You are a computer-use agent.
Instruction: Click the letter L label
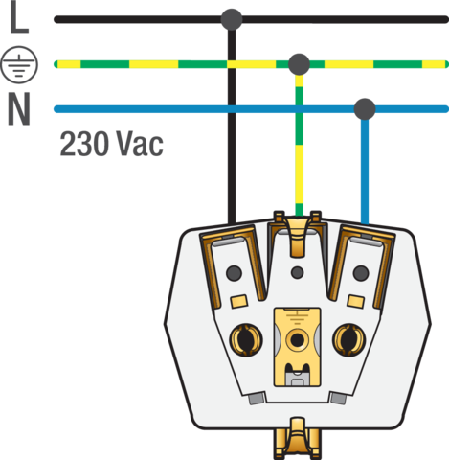19,18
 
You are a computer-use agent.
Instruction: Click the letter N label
19,109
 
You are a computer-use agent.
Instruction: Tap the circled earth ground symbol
19,65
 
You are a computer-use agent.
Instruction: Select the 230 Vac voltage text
112,144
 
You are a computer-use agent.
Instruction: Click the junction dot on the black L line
232,19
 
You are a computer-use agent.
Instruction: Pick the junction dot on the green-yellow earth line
299,64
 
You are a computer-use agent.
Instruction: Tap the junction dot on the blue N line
365,109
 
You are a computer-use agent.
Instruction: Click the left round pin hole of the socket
246,340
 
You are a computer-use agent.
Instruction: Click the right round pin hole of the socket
349,340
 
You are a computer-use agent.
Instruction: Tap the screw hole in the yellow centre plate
297,340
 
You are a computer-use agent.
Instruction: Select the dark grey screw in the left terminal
234,273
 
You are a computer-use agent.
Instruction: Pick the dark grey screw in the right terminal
361,273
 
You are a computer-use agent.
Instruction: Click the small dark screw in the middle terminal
298,272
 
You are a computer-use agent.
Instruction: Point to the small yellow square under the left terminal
239,301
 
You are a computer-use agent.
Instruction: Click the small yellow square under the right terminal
356,301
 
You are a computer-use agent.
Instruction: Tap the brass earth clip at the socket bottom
298,438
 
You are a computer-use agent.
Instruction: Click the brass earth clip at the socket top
298,233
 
